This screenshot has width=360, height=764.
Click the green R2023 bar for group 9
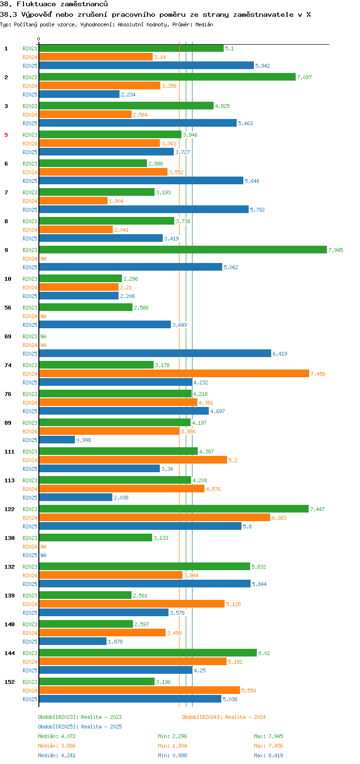point(182,250)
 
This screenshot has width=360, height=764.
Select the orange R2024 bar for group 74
point(174,373)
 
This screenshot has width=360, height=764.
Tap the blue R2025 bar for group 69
point(155,353)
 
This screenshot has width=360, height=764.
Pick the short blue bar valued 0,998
point(57,440)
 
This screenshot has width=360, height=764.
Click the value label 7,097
point(304,77)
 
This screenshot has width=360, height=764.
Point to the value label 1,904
point(116,201)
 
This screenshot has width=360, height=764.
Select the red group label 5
point(6,135)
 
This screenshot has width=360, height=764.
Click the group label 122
point(10,509)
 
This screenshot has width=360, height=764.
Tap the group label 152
point(10,682)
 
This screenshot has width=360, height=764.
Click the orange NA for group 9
point(43,259)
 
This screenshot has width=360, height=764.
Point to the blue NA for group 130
point(43,555)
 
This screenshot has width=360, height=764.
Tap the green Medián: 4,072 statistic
point(57,736)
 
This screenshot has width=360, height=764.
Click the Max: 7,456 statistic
point(268,746)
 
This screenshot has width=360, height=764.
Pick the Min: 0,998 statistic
point(172,755)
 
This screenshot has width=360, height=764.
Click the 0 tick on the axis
point(39,39)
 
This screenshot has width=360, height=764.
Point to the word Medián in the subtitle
point(204,24)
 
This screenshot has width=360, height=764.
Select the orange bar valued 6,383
point(154,517)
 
